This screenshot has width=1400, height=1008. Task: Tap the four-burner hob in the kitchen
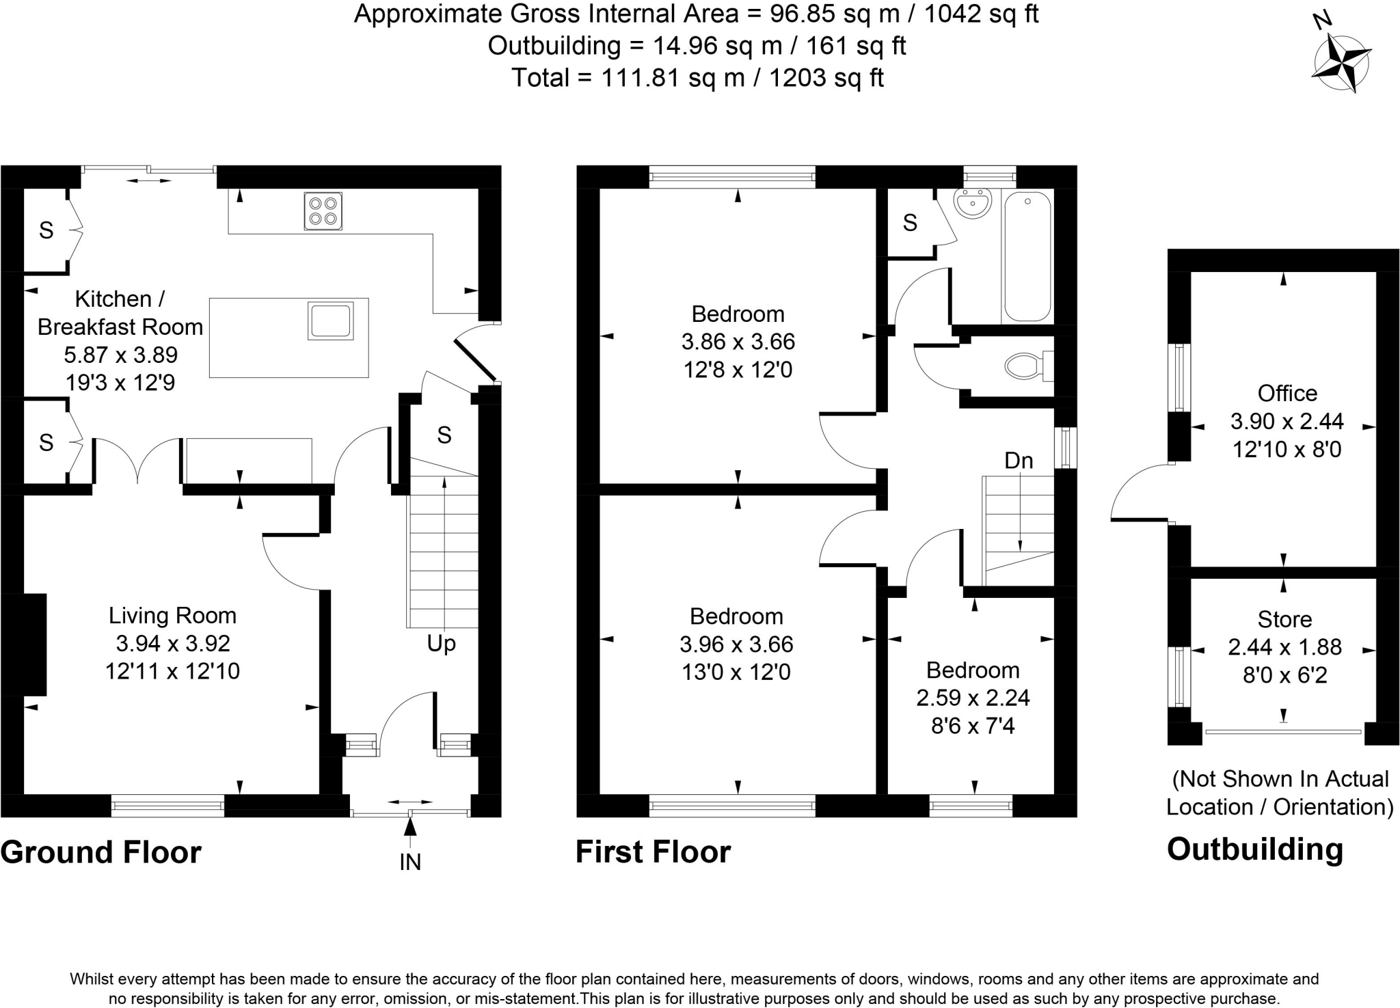(323, 211)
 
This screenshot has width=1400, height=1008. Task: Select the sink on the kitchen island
(331, 321)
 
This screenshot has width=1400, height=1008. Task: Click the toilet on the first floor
(1028, 366)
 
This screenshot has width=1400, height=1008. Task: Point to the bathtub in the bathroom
(1027, 256)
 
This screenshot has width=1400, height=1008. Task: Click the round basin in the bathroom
(973, 203)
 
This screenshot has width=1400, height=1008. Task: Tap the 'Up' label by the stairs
(441, 644)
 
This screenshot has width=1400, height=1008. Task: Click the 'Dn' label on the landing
(1018, 461)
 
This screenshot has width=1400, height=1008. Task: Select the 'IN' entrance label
(409, 862)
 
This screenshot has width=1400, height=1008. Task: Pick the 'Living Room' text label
(172, 616)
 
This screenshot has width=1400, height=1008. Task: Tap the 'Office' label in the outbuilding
(1287, 394)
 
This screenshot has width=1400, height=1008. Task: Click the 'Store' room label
(1284, 620)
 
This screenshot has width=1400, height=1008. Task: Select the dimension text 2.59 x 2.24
(973, 698)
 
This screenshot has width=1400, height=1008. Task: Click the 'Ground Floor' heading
(101, 852)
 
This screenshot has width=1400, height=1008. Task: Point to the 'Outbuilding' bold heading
(1255, 849)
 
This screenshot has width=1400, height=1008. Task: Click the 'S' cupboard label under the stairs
(444, 435)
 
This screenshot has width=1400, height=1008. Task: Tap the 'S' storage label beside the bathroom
(909, 223)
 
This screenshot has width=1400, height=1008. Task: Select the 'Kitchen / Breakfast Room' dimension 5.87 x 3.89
(120, 355)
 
